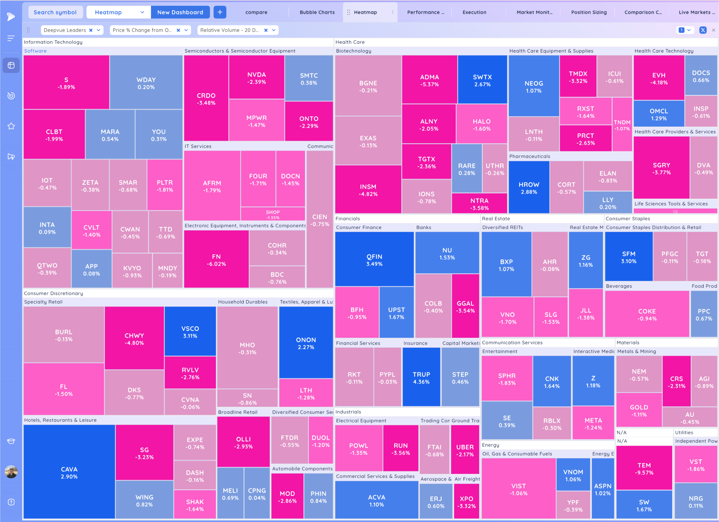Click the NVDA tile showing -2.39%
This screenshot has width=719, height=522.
coord(257,78)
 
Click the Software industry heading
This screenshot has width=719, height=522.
coord(35,51)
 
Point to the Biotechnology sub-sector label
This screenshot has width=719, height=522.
coord(353,51)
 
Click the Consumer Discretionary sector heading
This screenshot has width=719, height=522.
coord(53,293)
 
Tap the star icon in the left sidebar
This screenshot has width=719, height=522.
coord(11,126)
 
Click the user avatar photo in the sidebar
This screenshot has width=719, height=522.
coord(11,472)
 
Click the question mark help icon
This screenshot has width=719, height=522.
coord(11,502)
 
